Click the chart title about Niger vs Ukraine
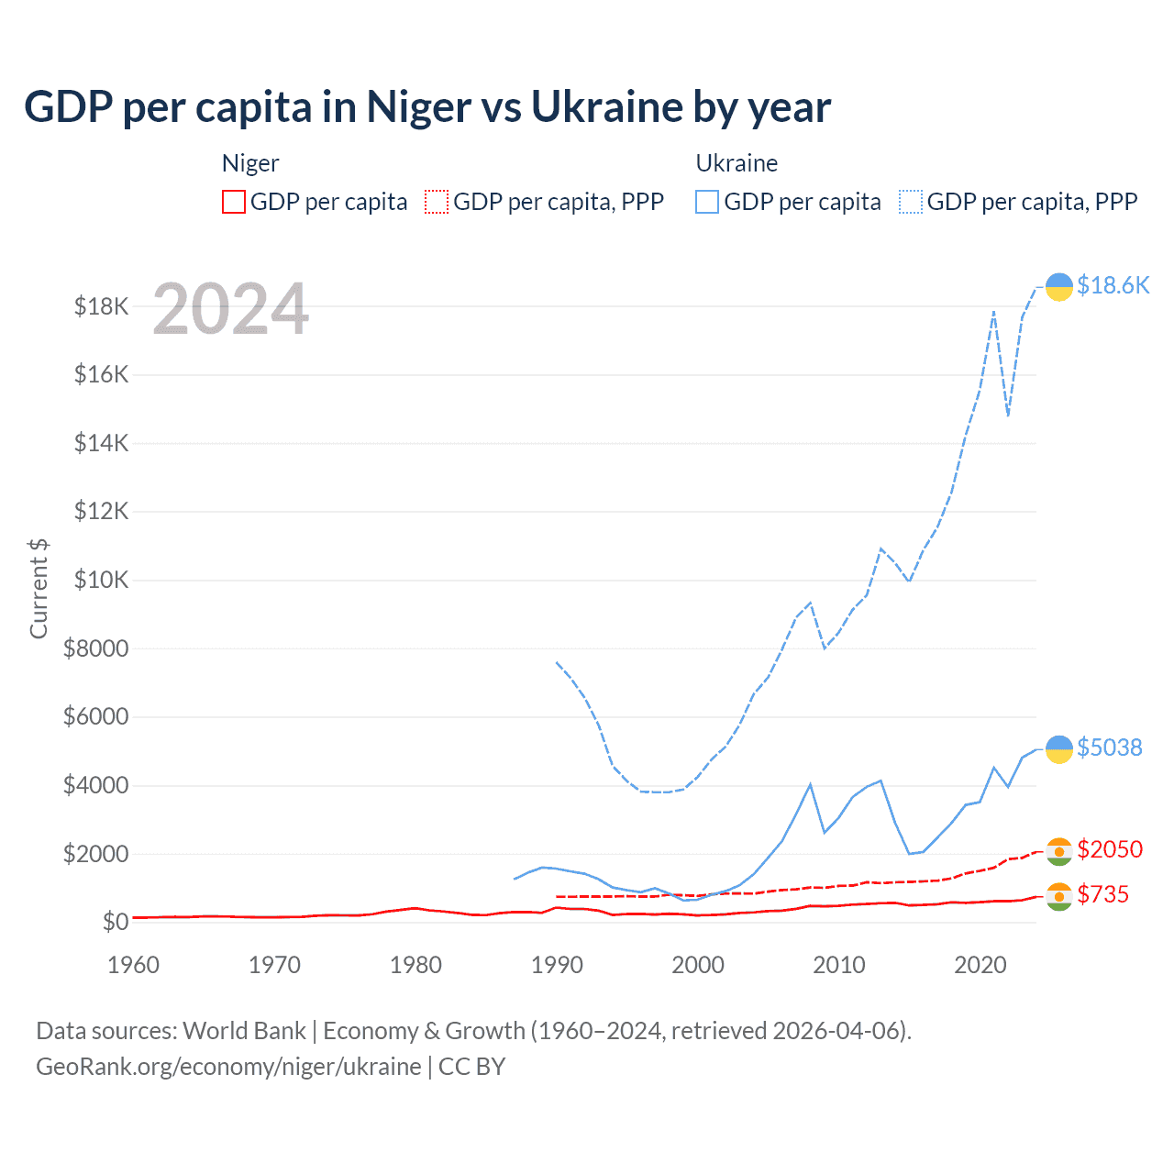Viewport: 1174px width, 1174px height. tap(427, 107)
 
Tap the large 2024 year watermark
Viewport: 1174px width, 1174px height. tap(230, 309)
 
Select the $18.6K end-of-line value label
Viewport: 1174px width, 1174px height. tap(1113, 285)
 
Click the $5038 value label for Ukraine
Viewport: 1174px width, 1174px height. tap(1110, 748)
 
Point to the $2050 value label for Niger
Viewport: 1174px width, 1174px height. tap(1110, 849)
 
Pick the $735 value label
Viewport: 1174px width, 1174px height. tap(1102, 894)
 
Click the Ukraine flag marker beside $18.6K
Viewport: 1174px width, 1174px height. tap(1059, 287)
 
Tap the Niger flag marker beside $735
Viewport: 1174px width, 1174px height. tap(1059, 896)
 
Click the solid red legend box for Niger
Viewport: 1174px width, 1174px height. tap(234, 202)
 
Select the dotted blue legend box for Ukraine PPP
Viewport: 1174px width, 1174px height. tap(912, 202)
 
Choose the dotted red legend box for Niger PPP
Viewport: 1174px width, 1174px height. tap(437, 202)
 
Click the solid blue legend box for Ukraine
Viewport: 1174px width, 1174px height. tap(707, 202)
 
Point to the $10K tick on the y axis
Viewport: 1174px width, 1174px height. tap(101, 580)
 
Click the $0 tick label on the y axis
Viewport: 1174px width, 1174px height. tap(115, 922)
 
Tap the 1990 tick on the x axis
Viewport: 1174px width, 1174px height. tap(557, 965)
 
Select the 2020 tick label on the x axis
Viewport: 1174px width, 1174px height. tap(980, 965)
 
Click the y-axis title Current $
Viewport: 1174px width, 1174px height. tap(39, 588)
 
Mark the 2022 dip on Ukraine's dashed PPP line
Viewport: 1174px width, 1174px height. tap(1008, 415)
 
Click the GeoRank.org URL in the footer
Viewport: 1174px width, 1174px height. tap(228, 1067)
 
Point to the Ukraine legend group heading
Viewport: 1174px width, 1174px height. tap(737, 163)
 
